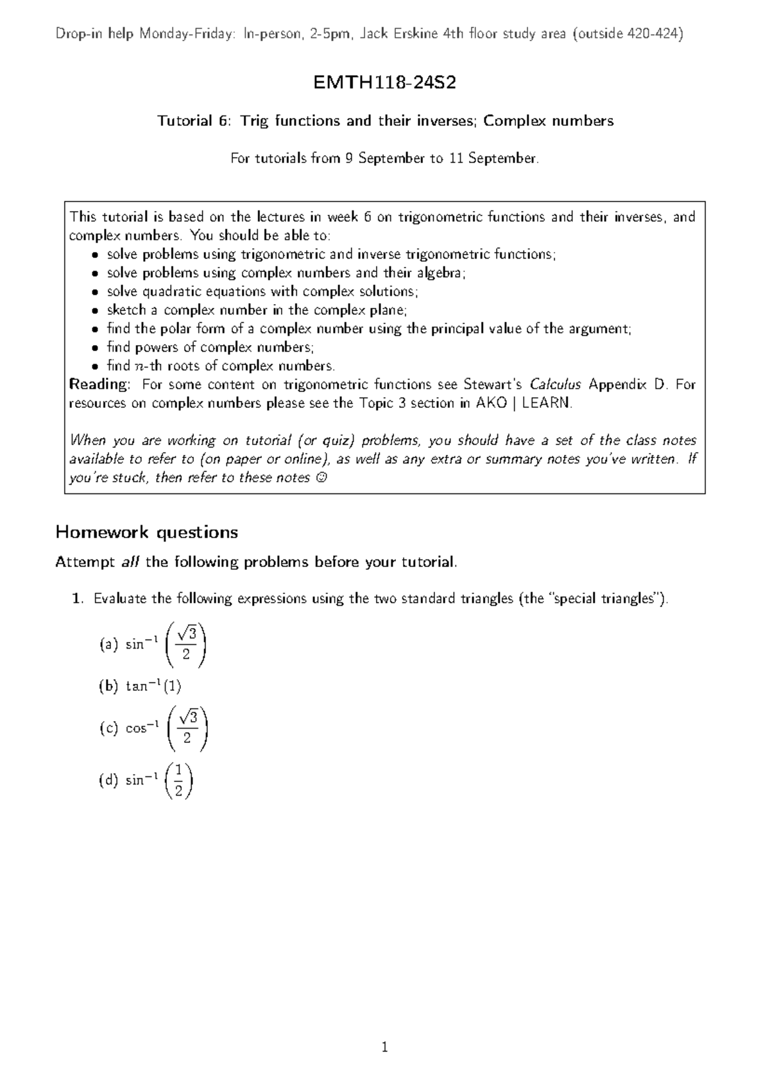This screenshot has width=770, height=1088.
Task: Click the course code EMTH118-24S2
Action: [384, 83]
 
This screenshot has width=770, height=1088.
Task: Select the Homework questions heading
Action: [146, 532]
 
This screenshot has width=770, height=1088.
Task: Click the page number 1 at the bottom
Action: [384, 1048]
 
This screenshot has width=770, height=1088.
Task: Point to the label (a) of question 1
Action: [108, 644]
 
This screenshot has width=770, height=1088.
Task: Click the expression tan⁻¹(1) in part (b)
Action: [153, 686]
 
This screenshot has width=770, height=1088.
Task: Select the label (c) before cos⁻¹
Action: [108, 728]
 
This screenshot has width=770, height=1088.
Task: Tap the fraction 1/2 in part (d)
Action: [179, 780]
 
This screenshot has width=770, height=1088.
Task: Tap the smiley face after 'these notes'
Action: [321, 478]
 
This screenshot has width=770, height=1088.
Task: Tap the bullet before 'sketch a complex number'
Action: [94, 310]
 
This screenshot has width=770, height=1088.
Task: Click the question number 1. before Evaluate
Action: [78, 599]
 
